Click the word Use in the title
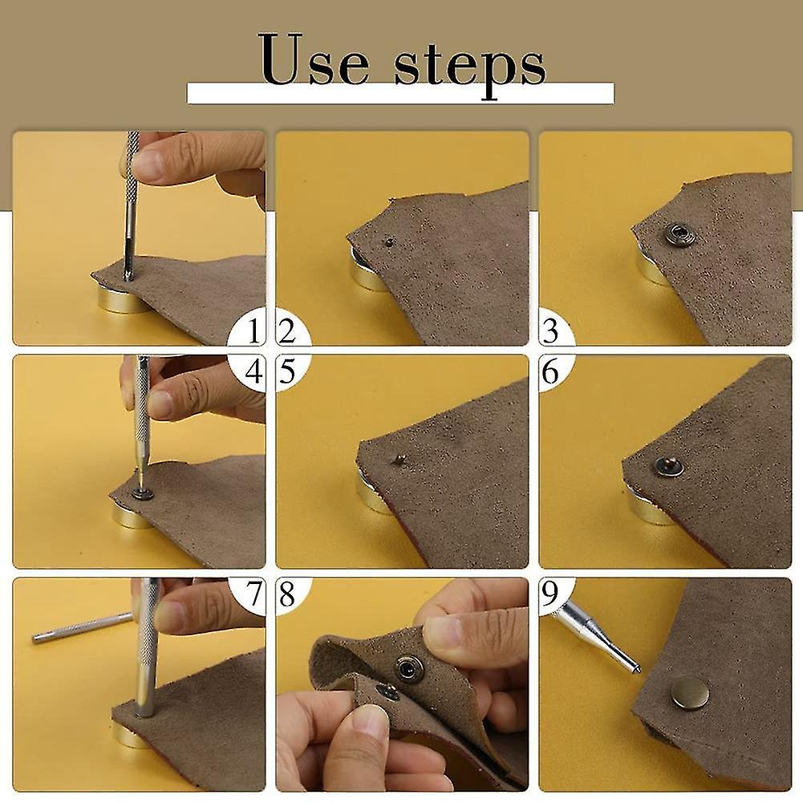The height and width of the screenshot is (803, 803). point(314,59)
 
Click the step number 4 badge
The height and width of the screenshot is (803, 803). point(247,371)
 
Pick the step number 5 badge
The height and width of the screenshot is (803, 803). point(292,371)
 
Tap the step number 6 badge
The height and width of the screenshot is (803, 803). point(555,371)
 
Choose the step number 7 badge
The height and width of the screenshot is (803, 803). point(248,594)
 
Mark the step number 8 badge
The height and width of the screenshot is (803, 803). point(292,594)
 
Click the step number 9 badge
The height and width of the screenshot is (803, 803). point(555,594)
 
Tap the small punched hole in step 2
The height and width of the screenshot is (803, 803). point(388,240)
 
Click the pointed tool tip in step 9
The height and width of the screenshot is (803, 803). point(637,669)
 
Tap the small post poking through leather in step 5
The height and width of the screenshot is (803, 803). point(397,460)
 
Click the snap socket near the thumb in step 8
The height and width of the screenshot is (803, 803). point(408,667)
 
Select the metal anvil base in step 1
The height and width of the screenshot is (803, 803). point(119,298)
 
